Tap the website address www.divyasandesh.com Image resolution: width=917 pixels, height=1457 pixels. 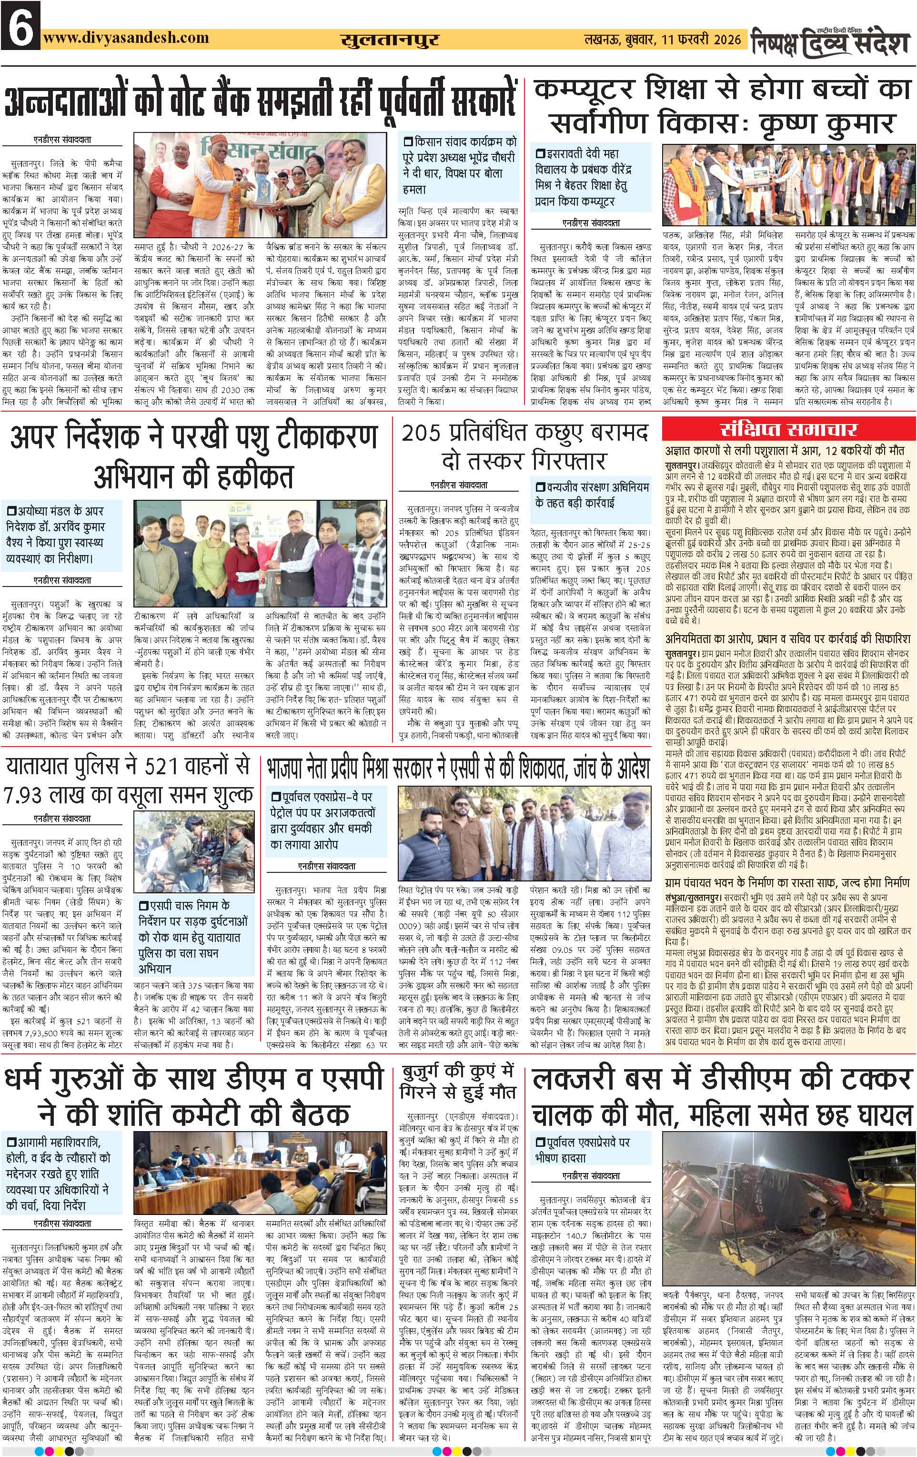point(126,38)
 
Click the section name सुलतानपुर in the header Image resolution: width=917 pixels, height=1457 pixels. point(389,40)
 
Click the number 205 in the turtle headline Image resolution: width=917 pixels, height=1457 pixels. point(422,433)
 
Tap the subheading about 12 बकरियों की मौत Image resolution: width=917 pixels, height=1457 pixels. point(785,451)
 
